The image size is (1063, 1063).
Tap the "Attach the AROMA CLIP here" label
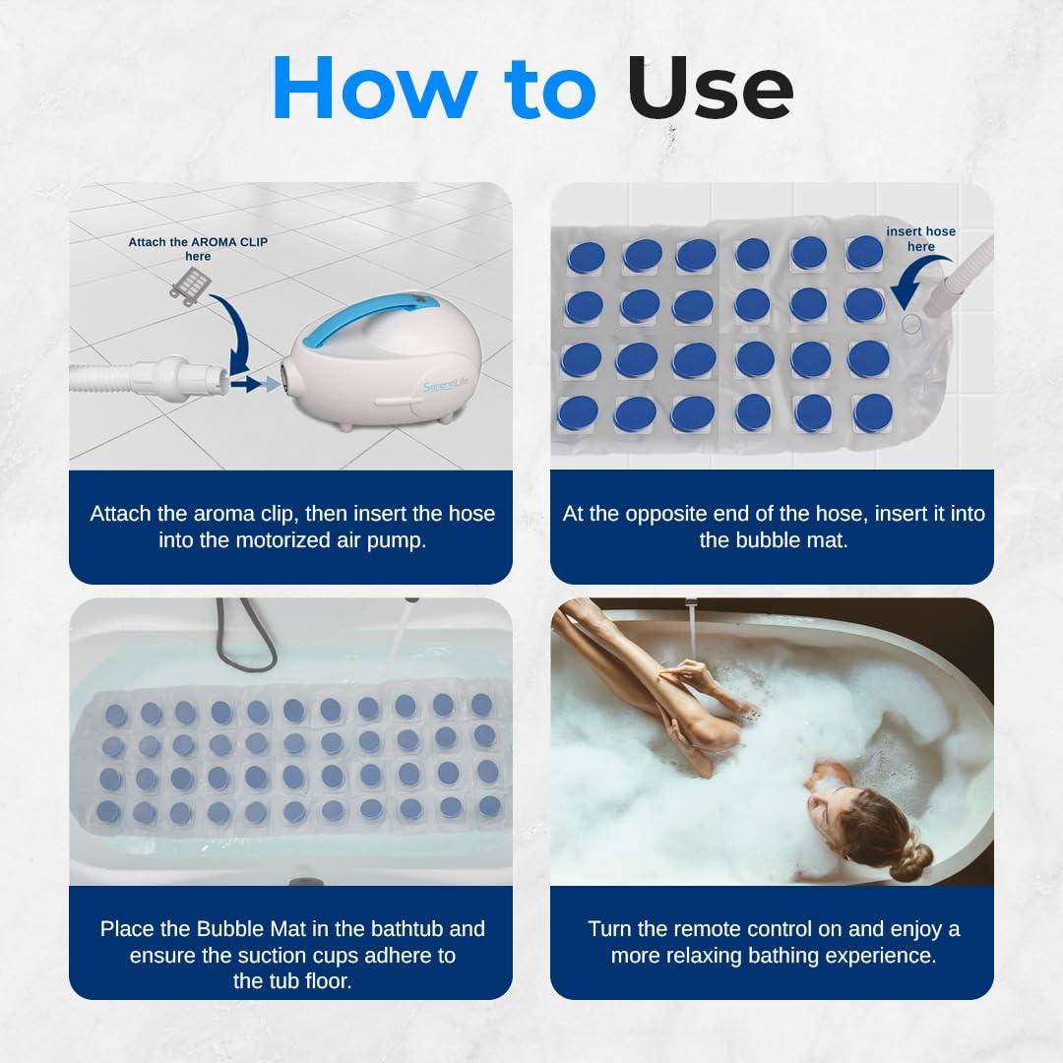pyautogui.click(x=197, y=248)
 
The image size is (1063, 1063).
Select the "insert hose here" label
pyautogui.click(x=920, y=239)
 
